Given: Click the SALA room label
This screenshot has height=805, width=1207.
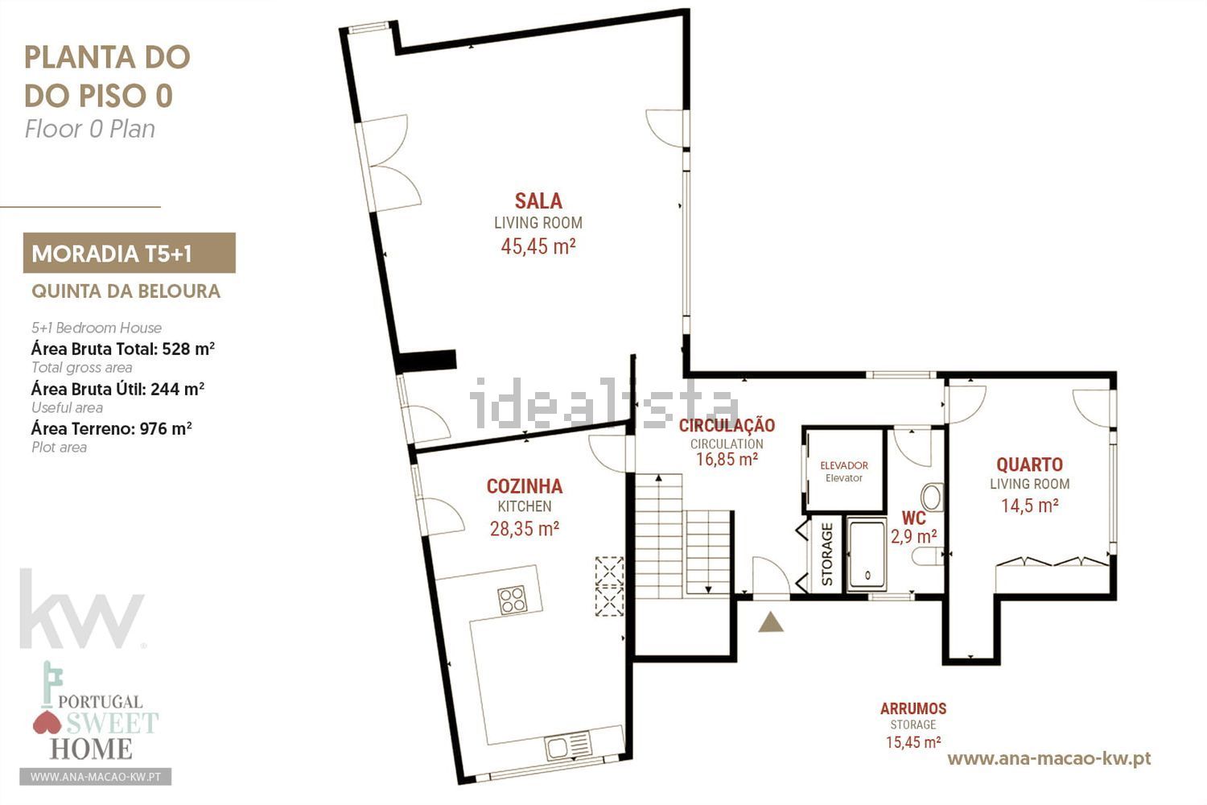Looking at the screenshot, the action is (x=538, y=201).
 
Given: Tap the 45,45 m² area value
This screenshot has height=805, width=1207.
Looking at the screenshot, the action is (x=538, y=246).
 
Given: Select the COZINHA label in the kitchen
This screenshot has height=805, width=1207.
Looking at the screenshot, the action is (x=525, y=486).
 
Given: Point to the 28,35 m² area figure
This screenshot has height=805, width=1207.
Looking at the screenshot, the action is (x=525, y=529).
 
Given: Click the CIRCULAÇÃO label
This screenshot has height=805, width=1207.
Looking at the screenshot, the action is (x=727, y=425).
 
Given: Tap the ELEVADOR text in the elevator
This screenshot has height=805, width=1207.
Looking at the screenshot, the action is (x=844, y=465).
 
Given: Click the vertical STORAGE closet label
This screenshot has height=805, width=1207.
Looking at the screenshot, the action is (x=827, y=555).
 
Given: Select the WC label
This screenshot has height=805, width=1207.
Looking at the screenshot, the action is (x=914, y=518).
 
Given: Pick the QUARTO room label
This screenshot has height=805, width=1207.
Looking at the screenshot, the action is (x=1029, y=464).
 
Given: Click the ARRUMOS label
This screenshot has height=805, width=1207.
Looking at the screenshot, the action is (x=913, y=708).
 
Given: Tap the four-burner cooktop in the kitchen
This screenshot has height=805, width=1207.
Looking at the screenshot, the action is (x=513, y=600).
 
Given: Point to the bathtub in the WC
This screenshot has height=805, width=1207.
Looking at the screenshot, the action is (x=867, y=555).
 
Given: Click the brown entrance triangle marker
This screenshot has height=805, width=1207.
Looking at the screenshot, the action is (x=771, y=622).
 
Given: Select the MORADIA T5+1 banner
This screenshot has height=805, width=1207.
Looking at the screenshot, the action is (x=130, y=253).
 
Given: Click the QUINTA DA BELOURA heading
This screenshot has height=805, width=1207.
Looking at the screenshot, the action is (x=126, y=291).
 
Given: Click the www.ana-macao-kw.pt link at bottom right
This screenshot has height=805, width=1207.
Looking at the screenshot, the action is (x=1049, y=758).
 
